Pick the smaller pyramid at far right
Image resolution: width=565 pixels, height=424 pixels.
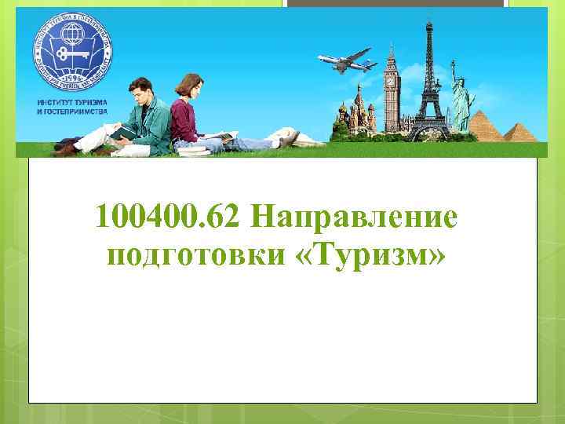[x=519, y=131]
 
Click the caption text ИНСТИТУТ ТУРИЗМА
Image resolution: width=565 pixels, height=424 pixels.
[x=72, y=103]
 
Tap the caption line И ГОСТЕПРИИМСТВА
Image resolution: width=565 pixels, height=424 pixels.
[x=73, y=111]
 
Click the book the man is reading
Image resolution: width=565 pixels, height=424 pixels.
[x=122, y=132]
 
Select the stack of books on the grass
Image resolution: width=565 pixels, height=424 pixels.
[x=191, y=147]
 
